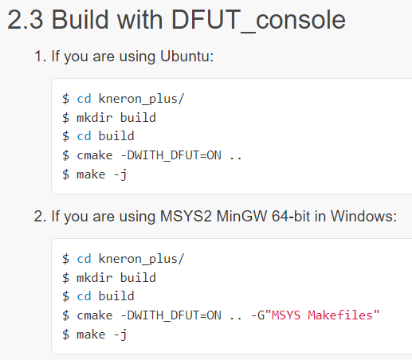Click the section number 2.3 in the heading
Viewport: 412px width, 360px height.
[26, 20]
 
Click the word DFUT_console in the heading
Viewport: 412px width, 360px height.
[258, 21]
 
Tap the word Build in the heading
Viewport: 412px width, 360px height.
[80, 19]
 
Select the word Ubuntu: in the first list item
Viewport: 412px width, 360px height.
[186, 56]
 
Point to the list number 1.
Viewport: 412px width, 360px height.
[40, 57]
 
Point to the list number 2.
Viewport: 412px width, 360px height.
[40, 216]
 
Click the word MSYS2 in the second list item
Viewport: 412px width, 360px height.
[186, 216]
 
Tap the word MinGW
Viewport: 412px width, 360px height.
[241, 216]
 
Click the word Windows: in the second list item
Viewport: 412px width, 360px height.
[363, 216]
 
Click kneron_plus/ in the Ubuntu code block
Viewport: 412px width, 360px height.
[141, 99]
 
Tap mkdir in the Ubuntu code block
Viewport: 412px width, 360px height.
[95, 117]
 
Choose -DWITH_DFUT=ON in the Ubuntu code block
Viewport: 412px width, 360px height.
[171, 155]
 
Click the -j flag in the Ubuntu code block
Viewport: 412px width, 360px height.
[120, 175]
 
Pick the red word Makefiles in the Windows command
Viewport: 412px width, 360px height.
[340, 315]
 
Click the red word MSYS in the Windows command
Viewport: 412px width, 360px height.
[286, 315]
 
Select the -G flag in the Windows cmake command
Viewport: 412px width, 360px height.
[257, 315]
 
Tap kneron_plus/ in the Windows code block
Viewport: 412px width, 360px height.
[141, 259]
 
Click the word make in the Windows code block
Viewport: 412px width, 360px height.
[91, 335]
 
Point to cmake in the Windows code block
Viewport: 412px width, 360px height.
[95, 315]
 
